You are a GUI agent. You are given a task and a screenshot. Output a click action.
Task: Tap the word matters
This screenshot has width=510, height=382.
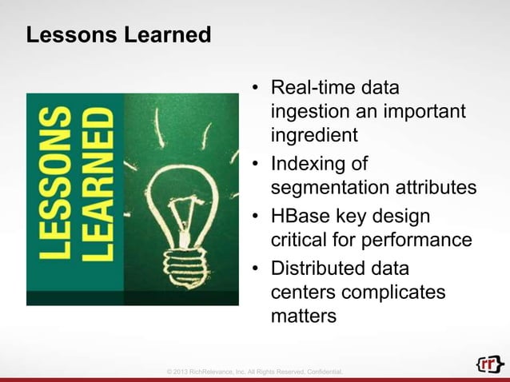click(304, 316)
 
